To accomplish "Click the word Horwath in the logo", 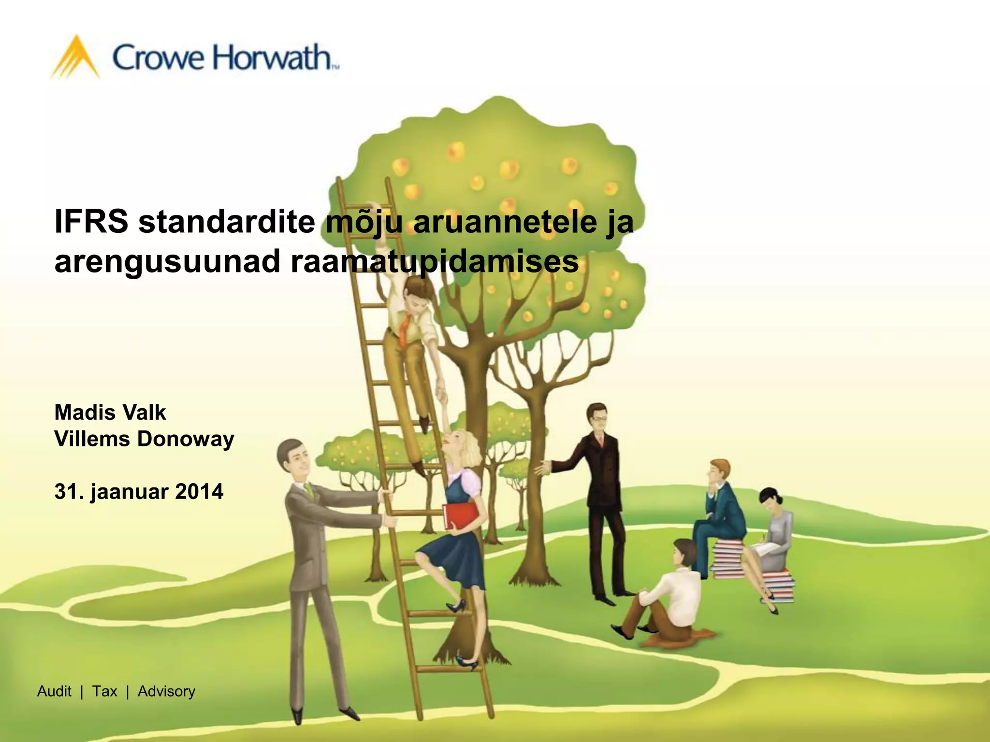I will [273, 58].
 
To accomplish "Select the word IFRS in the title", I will [91, 222].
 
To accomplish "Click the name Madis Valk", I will [110, 413].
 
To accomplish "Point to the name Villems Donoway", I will [144, 439].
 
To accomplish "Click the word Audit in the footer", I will [54, 691].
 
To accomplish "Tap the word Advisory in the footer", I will [166, 691].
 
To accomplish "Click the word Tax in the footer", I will [104, 691].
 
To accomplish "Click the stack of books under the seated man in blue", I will [725, 560].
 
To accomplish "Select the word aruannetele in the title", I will [505, 222].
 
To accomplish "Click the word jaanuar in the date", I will [130, 492].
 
